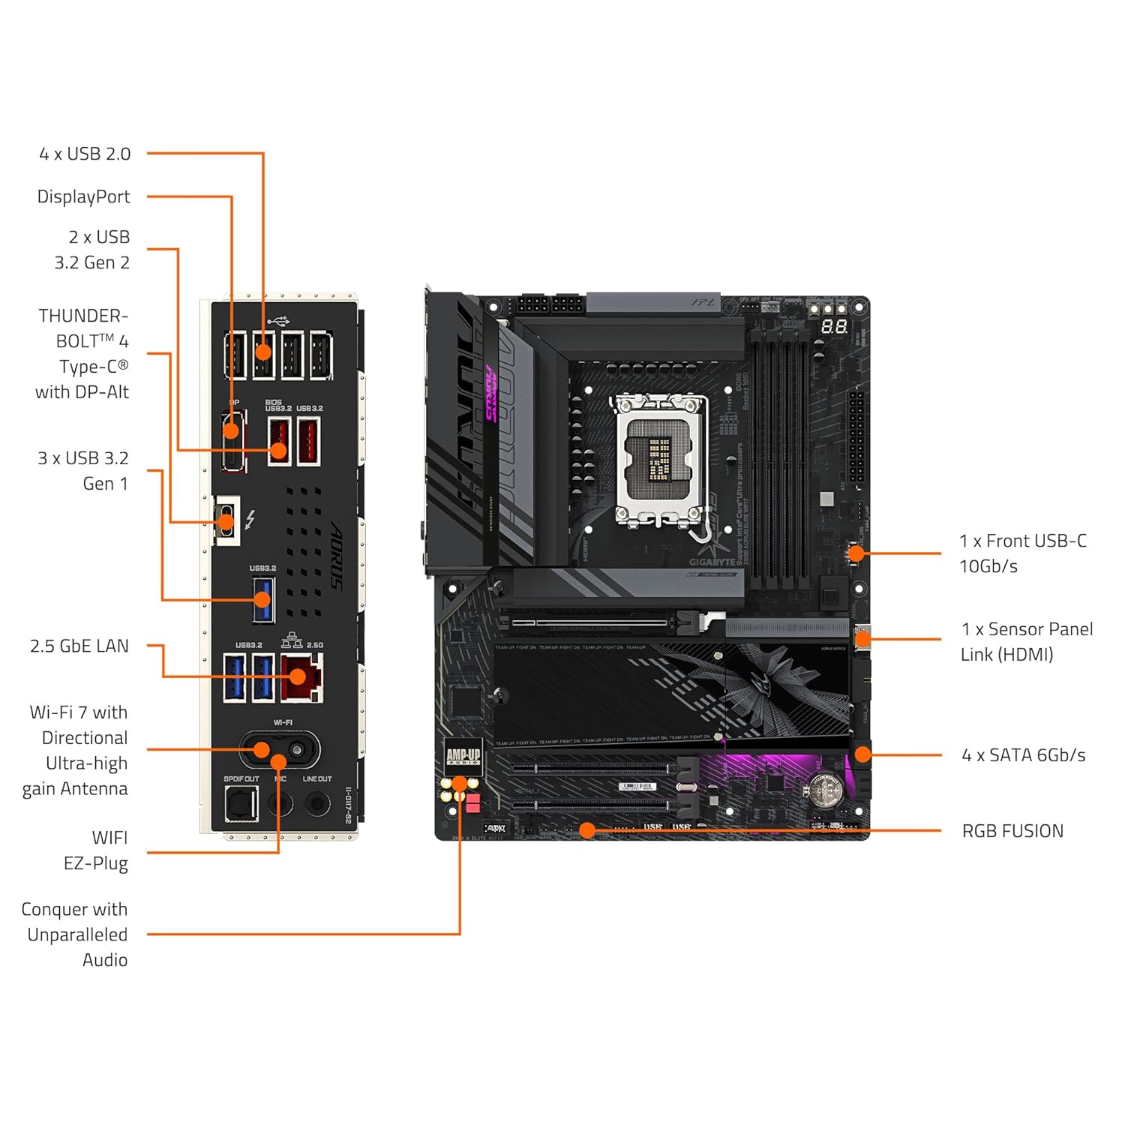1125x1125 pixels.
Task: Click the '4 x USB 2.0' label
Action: click(85, 154)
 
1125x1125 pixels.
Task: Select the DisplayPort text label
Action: click(83, 196)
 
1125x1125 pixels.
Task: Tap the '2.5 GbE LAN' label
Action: click(79, 646)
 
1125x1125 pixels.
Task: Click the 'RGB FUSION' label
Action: click(1012, 831)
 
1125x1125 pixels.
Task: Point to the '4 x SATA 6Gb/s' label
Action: click(1023, 755)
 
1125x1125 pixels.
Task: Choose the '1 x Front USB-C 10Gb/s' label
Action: click(1022, 553)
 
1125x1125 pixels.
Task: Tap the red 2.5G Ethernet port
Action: click(301, 677)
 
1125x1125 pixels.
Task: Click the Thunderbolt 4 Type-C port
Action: click(226, 520)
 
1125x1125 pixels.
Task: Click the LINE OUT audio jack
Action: click(317, 804)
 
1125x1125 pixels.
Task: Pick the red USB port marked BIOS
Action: click(279, 441)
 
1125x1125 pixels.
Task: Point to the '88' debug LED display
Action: click(834, 327)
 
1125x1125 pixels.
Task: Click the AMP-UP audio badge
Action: click(463, 757)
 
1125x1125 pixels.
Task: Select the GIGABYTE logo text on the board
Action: click(712, 562)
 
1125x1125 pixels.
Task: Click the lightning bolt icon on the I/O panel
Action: click(250, 519)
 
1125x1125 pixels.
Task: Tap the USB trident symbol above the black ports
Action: click(277, 321)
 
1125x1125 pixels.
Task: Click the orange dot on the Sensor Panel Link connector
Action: click(862, 640)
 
